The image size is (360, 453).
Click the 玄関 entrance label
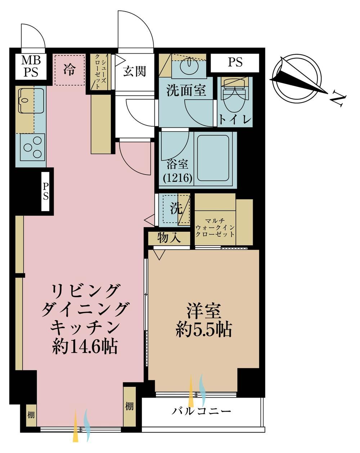coord(134,71)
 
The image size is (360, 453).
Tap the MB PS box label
coord(31,66)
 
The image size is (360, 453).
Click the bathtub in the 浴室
coord(213,158)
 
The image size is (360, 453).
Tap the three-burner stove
coord(33,147)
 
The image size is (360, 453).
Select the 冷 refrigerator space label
coord(69,70)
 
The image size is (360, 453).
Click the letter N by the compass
coord(338,99)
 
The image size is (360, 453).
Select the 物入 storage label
coord(169,238)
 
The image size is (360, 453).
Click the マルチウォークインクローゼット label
coord(215,228)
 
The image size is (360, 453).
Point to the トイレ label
coord(235,119)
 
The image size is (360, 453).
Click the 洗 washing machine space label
coord(176,209)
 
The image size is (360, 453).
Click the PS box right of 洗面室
coord(235,63)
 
